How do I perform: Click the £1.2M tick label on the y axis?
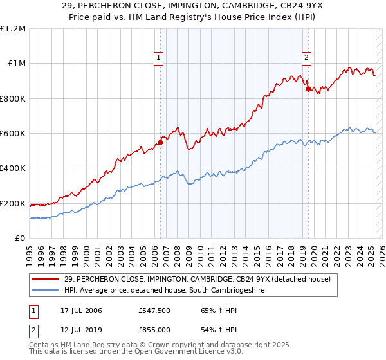(13, 29)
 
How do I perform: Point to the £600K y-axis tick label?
(13, 134)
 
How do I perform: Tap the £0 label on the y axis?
(19, 239)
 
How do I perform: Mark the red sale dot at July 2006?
(160, 143)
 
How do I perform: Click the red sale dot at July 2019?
(308, 89)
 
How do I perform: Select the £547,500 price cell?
(154, 310)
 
